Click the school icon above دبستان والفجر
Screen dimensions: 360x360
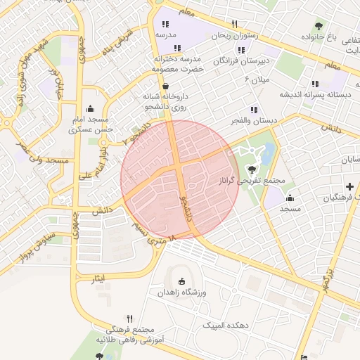(x=254, y=110)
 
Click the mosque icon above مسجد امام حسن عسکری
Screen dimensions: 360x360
(x=90, y=109)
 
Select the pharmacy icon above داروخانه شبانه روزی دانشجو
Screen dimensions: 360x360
(x=165, y=85)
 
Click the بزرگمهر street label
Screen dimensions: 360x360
(x=325, y=278)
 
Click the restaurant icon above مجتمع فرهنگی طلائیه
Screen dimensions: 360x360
(x=129, y=319)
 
